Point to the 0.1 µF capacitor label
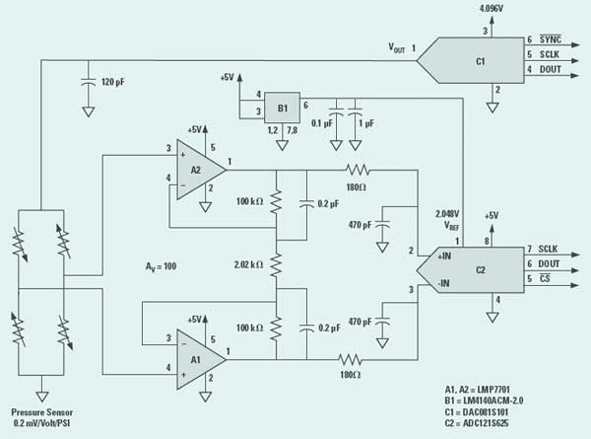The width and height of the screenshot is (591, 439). [x=321, y=123]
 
